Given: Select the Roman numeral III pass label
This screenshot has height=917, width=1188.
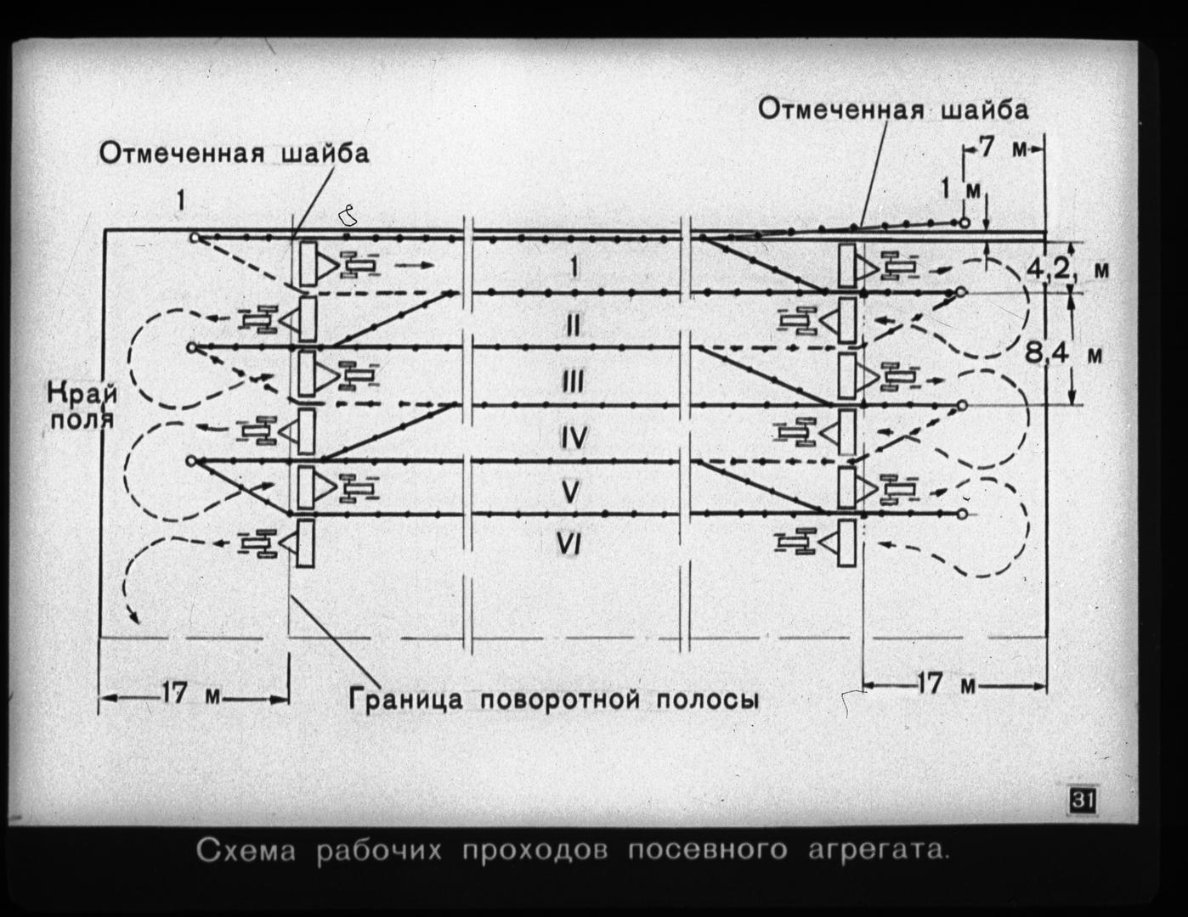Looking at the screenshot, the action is (573, 381).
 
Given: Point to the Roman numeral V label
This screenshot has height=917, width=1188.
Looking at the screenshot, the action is (570, 492).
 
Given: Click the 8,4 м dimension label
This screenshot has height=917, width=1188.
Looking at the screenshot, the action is (1064, 354).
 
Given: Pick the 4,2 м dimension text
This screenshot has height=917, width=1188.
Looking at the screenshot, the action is (1067, 270).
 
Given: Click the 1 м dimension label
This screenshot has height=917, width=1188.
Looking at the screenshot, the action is (960, 189).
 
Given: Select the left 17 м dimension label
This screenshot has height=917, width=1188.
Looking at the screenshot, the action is (190, 695).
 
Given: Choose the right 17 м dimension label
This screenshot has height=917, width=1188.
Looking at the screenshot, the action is (946, 684).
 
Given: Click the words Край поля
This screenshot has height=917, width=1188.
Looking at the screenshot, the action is (82, 407).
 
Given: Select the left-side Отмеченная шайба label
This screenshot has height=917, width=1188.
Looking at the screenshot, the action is (234, 154).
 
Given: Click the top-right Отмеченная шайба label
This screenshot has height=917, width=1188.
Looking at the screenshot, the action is (893, 110).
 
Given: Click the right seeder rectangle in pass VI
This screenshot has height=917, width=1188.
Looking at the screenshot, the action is (846, 543).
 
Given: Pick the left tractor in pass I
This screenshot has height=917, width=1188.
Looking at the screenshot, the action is (359, 266).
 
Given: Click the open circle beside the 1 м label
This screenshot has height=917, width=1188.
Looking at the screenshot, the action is (965, 222).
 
